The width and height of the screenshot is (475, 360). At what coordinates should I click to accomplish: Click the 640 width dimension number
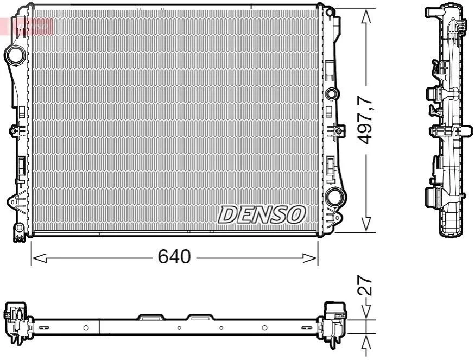click(174, 256)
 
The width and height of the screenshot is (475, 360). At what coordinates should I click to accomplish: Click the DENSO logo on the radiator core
click(262, 214)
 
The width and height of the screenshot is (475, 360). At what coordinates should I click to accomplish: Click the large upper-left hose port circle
click(15, 55)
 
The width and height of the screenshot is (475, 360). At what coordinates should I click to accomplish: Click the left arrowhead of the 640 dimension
click(39, 258)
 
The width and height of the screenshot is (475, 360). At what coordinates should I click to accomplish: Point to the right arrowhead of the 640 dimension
click(311, 258)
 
